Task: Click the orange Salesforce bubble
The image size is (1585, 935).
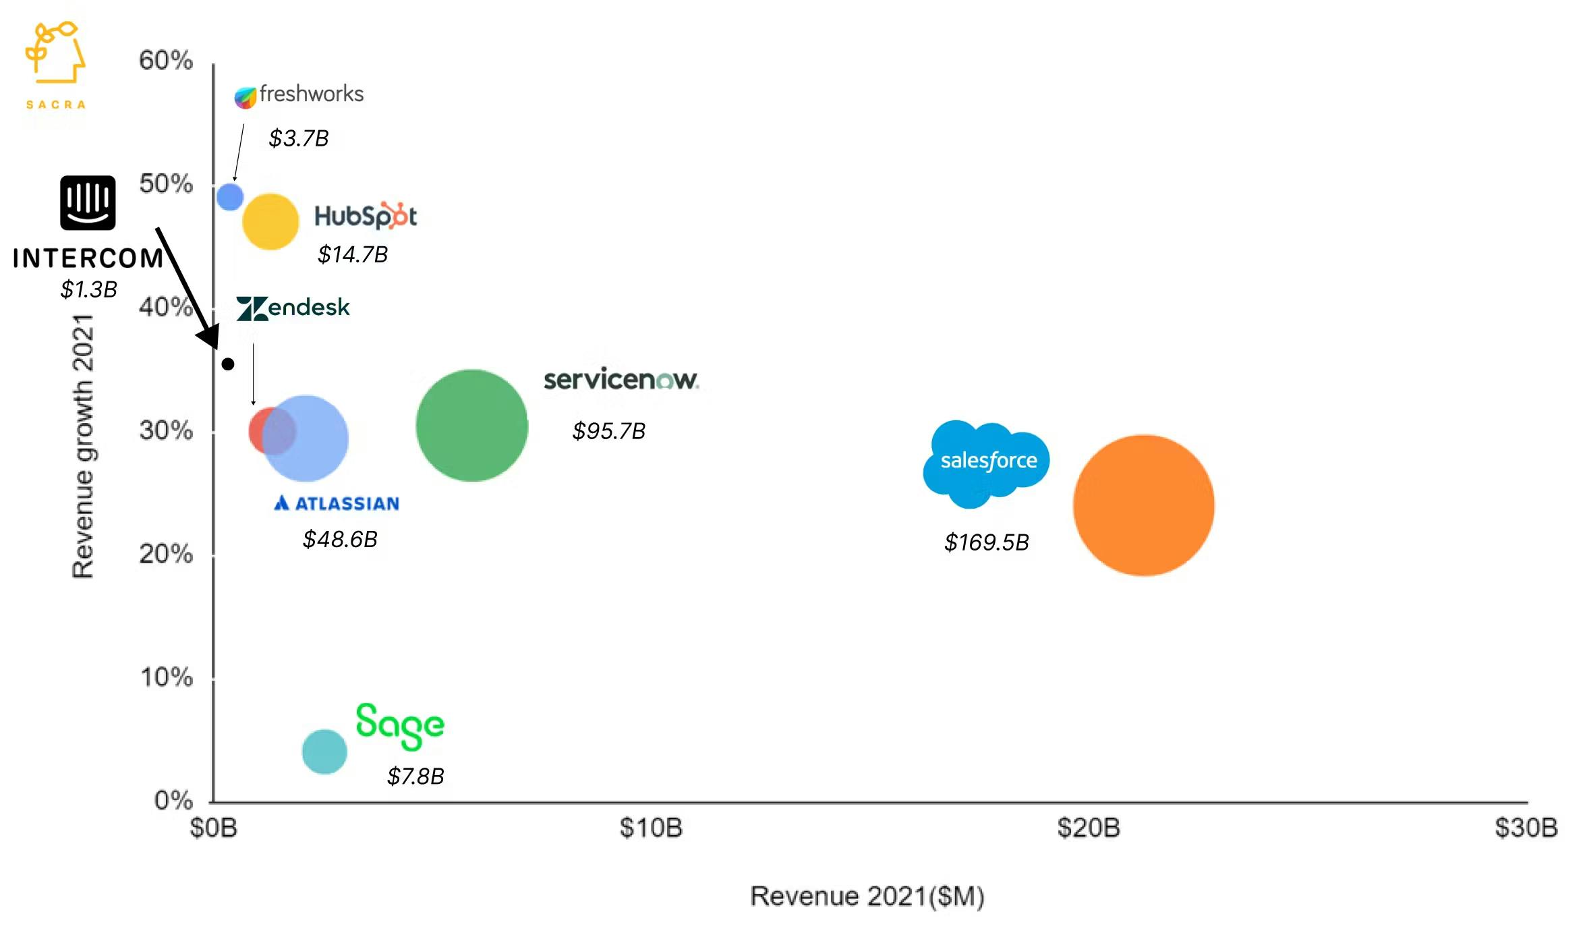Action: pos(1143,505)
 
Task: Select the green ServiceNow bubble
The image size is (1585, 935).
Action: pos(471,426)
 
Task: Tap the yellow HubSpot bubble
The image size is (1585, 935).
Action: pos(270,221)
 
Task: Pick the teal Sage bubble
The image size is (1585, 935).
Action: pos(324,752)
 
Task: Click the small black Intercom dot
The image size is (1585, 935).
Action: pos(228,364)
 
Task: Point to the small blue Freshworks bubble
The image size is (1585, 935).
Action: pos(230,196)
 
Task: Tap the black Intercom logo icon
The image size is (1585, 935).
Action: pos(88,203)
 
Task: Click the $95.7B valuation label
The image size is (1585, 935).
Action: pos(608,431)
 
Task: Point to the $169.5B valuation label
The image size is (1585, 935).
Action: pos(986,542)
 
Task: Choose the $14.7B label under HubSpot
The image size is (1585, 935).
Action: pos(353,255)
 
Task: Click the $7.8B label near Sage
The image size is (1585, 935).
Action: pos(415,776)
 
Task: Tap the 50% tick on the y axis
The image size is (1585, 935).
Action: pos(166,184)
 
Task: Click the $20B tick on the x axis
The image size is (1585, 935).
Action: pos(1088,828)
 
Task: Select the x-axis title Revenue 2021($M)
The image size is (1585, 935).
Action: pos(867,897)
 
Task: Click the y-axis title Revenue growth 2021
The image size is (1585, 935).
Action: pos(83,445)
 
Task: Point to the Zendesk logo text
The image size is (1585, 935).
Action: pos(293,308)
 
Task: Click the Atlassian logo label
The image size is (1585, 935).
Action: pos(337,503)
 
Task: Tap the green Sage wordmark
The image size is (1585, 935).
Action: pos(400,725)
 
